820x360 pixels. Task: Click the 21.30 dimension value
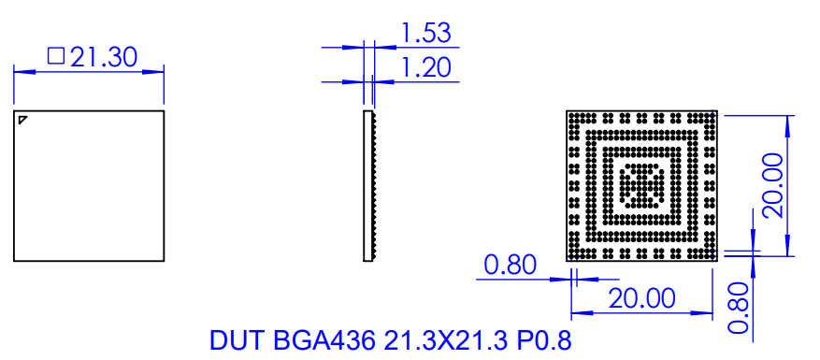(104, 57)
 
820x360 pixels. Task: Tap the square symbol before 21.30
(55, 57)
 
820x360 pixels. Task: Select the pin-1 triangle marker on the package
(23, 119)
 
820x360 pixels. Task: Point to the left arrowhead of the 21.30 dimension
(19, 71)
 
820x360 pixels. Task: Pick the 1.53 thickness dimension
(425, 34)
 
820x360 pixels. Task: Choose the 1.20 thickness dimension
(425, 67)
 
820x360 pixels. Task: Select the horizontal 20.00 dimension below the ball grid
(641, 299)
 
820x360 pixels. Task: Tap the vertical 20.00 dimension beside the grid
(773, 185)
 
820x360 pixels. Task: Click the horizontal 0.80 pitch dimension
(510, 266)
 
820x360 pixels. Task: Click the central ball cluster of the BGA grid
(641, 185)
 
